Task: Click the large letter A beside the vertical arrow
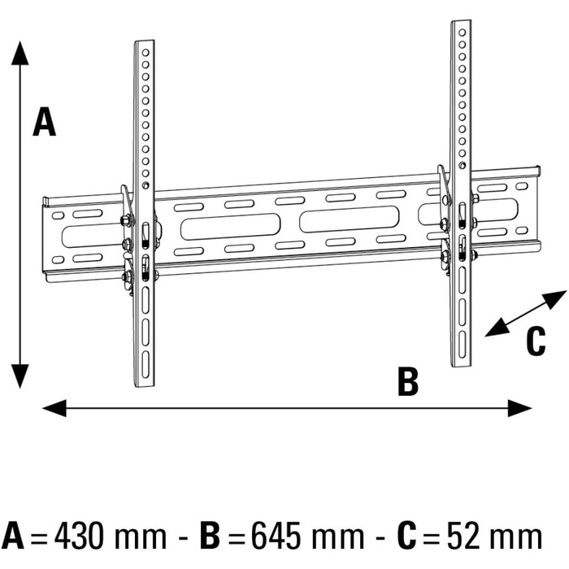point(44,122)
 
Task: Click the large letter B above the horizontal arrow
point(408,381)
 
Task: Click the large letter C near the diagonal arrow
point(536,341)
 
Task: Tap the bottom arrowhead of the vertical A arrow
point(20,376)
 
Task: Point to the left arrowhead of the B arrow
point(54,408)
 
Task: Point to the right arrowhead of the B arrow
point(519,408)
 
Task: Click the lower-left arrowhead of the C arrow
point(497,328)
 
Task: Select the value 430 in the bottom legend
point(78,536)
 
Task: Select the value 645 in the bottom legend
point(276,536)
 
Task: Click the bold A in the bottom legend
point(13,536)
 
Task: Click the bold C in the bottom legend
point(406,536)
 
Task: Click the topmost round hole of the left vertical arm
point(146,53)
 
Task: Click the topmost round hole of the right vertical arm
point(462,33)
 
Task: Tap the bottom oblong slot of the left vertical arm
point(146,365)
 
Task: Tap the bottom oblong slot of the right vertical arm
point(462,345)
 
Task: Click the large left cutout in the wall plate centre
point(230,227)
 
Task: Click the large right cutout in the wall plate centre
point(349,219)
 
